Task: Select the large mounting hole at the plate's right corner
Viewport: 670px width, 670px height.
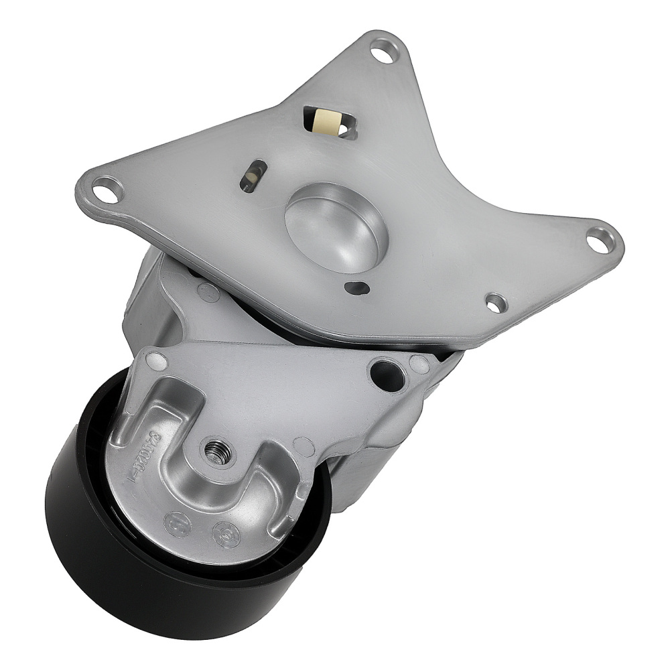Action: [x=598, y=239]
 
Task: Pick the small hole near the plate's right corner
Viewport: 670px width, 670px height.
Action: [x=495, y=303]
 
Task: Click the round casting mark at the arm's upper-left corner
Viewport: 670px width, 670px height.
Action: [x=155, y=360]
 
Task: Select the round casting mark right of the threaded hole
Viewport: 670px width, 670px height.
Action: [x=303, y=445]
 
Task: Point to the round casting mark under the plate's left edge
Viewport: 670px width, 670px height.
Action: [x=208, y=291]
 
